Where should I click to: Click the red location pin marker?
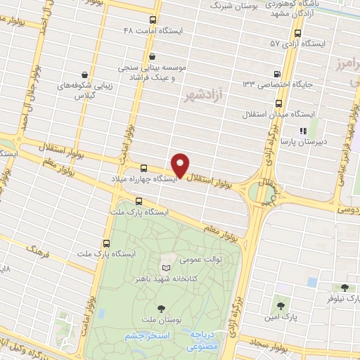(181, 165)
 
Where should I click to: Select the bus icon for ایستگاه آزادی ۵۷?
(297, 32)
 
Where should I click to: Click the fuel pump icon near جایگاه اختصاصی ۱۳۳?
(278, 74)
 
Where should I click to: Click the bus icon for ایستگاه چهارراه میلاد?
(143, 168)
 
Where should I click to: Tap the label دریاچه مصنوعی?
(205, 341)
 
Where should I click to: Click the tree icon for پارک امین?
(281, 306)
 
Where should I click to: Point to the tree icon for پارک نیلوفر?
(344, 287)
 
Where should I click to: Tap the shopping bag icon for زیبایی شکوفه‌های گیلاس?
(85, 74)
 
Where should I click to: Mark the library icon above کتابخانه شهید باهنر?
(167, 268)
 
